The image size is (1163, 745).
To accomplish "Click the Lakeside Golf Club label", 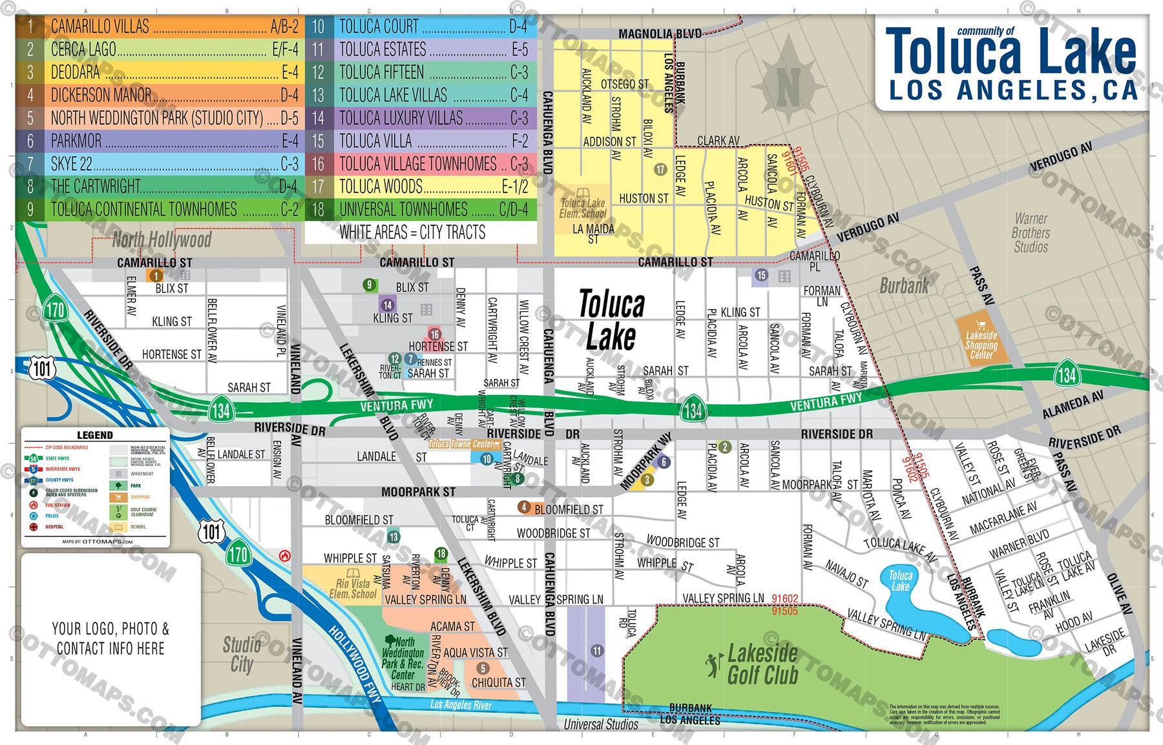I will (762, 664).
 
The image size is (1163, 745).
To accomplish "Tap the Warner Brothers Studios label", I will (1031, 233).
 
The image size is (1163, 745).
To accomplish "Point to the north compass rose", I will (788, 81).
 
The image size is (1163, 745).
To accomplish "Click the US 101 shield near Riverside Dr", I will (42, 369).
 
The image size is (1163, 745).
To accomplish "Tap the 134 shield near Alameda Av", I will (1067, 374).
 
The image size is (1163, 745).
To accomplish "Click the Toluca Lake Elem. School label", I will (582, 207).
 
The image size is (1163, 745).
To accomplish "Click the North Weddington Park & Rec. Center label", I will (403, 658).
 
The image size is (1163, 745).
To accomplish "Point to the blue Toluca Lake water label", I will (900, 580).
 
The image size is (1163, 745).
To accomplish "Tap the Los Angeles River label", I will (461, 705).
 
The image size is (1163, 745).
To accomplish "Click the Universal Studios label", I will (600, 724).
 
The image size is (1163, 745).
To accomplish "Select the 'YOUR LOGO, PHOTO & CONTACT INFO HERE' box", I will (110, 638).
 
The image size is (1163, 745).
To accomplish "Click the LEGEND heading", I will (95, 435).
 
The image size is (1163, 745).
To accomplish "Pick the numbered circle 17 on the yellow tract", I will (660, 169).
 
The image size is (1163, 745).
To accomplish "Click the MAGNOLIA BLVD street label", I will (659, 34).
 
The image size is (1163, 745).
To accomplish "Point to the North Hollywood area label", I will (162, 240).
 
